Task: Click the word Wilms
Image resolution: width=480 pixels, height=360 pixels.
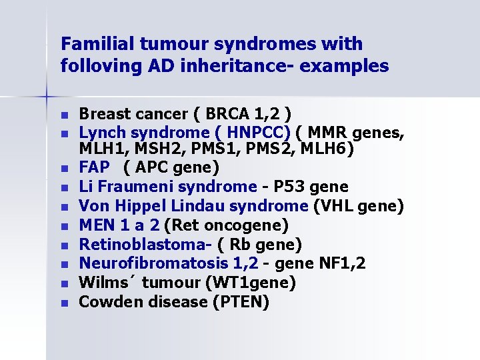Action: pos(101,283)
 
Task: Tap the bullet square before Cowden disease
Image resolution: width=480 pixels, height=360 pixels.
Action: pos(64,303)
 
